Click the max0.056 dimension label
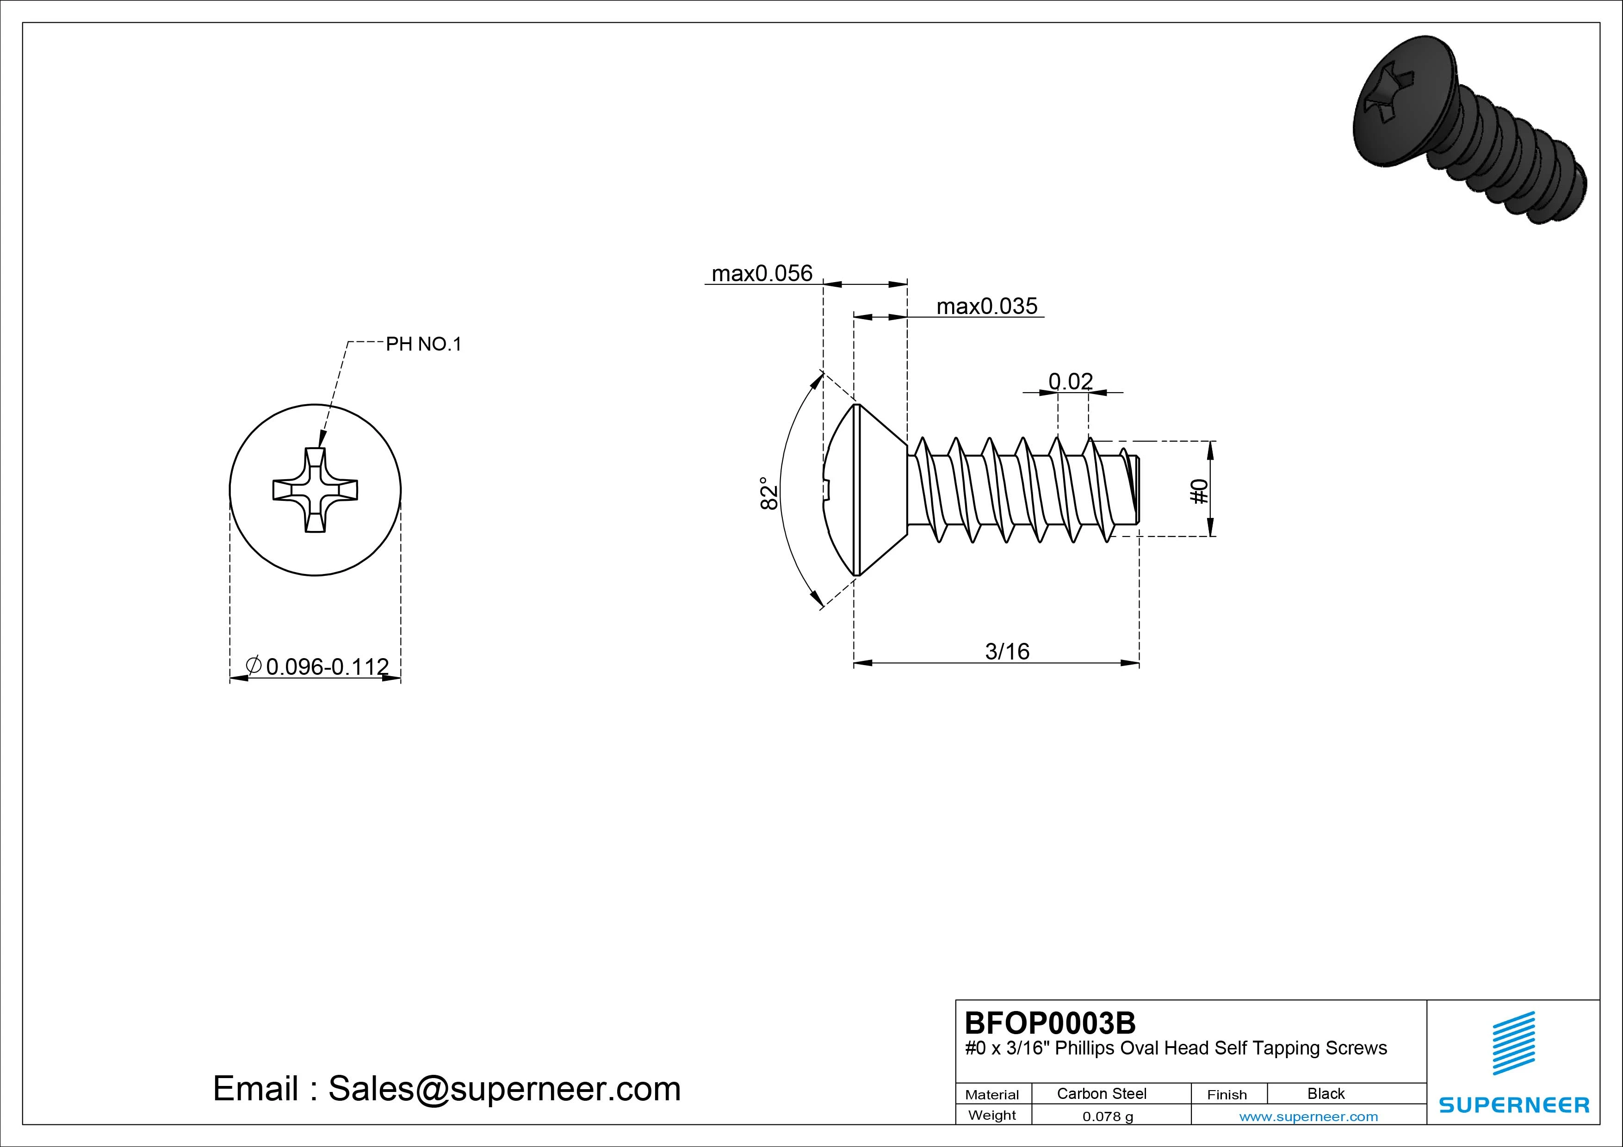tap(762, 273)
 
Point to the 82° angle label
tap(768, 493)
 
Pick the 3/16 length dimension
tap(1007, 651)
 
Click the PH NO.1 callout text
tap(423, 344)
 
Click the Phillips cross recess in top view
tap(315, 490)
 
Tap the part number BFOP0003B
tap(1050, 1023)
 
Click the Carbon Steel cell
tap(1101, 1093)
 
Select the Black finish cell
tap(1326, 1093)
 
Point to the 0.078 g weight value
tap(1108, 1116)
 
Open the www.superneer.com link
tap(1308, 1116)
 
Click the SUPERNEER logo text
tap(1514, 1104)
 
